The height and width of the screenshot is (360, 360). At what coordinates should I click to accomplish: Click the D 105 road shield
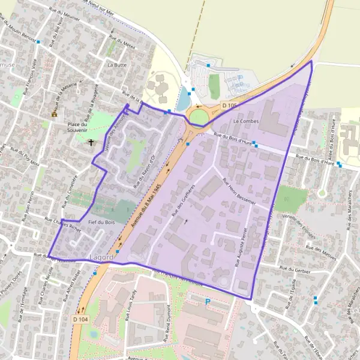point(229,106)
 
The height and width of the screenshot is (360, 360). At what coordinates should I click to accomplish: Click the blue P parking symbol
point(208,302)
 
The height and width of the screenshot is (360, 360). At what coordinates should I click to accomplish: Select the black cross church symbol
point(91,143)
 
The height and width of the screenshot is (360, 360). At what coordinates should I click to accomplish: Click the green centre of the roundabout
point(199,115)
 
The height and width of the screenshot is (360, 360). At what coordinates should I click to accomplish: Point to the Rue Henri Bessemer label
point(238,191)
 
